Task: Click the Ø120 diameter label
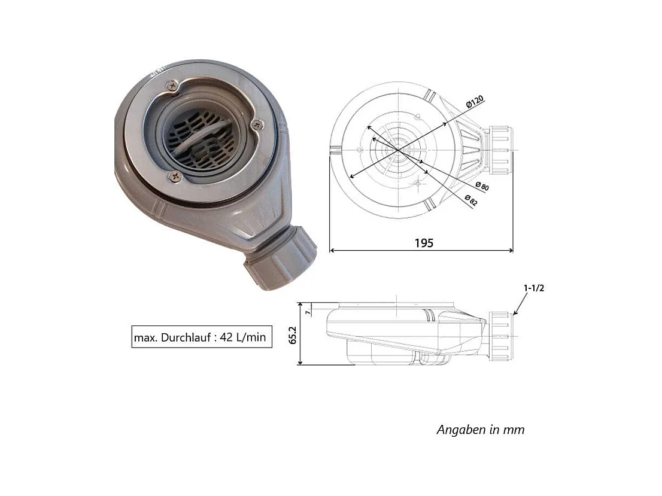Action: click(475, 102)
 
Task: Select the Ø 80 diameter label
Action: click(482, 185)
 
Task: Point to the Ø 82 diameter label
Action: click(471, 200)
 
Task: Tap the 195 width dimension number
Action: click(424, 243)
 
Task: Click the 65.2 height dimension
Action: click(293, 335)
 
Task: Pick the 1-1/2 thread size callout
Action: click(534, 288)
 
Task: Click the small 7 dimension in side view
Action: click(308, 312)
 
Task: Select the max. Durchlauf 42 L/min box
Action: click(202, 337)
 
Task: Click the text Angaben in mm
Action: click(481, 430)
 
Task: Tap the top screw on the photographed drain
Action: click(172, 86)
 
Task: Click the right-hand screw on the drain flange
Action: click(257, 124)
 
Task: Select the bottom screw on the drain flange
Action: click(175, 177)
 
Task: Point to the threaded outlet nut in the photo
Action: click(280, 258)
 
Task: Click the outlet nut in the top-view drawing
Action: click(501, 150)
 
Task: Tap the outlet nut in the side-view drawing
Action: click(501, 336)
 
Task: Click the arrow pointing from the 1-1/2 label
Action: click(520, 304)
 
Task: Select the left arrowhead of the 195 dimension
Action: click(332, 250)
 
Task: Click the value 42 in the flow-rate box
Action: click(226, 337)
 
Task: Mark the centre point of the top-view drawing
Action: click(398, 150)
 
